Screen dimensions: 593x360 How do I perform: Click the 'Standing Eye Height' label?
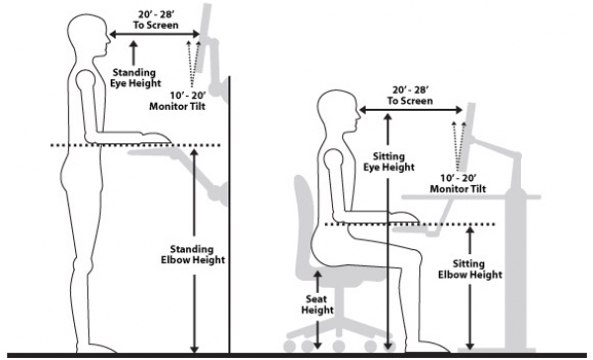[x=135, y=77]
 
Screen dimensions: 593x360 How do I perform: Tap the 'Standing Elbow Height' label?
[x=193, y=254]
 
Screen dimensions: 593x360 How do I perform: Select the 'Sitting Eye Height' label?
[x=388, y=161]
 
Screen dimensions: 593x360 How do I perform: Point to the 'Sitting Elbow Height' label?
[x=470, y=269]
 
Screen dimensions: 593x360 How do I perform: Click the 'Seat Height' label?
[x=317, y=305]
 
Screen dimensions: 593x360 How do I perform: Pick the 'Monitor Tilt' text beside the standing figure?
[x=177, y=106]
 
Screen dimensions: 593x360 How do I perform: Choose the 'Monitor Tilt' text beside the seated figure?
[x=458, y=189]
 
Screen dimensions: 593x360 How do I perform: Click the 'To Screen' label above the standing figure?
[x=155, y=25]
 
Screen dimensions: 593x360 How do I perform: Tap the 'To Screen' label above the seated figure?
[x=410, y=101]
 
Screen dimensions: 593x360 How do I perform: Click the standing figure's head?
[x=88, y=35]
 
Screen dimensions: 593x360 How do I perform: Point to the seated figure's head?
[x=337, y=112]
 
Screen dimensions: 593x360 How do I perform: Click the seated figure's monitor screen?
[x=467, y=137]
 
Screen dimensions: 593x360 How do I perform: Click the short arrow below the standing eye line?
[x=133, y=53]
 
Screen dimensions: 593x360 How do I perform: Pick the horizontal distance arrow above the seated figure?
[x=411, y=110]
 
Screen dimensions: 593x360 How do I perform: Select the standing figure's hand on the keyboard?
[x=155, y=137]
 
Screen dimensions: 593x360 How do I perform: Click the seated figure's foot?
[x=431, y=347]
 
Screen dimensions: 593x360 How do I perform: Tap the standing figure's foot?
[x=98, y=348]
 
